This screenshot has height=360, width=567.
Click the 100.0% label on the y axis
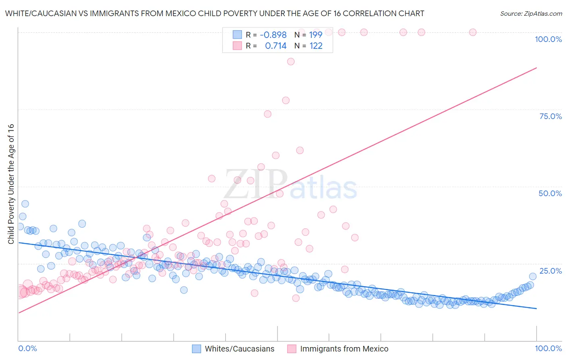pos(548,39)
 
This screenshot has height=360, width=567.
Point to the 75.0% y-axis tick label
pos(550,116)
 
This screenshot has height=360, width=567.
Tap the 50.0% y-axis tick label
pos(550,193)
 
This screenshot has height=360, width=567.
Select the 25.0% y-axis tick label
pos(550,271)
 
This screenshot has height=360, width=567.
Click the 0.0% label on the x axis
pos(27,348)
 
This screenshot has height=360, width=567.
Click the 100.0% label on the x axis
pos(548,348)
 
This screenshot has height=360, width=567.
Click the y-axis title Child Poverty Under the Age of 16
pos(11,184)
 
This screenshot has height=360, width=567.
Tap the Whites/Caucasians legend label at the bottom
pos(240,349)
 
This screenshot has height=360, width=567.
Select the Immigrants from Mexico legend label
pos(344,349)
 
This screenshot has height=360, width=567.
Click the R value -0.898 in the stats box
pos(273,35)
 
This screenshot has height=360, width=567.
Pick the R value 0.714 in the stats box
pos(275,46)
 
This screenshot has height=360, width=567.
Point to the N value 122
pos(316,46)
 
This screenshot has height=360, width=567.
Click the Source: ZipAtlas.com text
pos(531,13)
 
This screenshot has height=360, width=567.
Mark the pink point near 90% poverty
pos(291,62)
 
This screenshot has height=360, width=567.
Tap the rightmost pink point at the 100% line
pos(473,32)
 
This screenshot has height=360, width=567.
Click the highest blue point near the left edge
pos(25,204)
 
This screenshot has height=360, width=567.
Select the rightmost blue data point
pos(533,276)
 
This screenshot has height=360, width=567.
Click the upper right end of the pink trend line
pos(536,68)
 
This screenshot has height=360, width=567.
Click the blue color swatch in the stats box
pos(237,35)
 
